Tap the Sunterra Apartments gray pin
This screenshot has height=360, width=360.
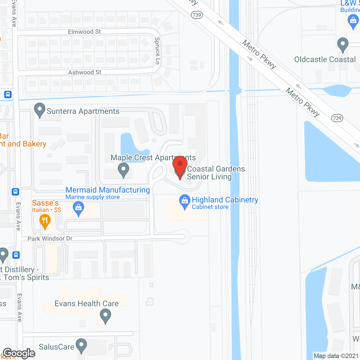[x=39, y=110]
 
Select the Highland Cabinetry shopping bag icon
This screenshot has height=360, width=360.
[x=184, y=201]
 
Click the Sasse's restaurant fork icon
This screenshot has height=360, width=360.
[x=45, y=221]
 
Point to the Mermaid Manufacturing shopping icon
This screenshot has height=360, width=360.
[x=78, y=208]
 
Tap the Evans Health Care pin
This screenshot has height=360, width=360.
[x=105, y=316]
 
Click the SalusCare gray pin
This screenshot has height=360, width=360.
[x=81, y=345]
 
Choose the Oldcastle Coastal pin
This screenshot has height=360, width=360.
[x=343, y=44]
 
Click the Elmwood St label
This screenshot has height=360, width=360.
[x=84, y=32]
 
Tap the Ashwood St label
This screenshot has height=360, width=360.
[x=85, y=72]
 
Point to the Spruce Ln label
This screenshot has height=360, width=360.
[x=157, y=51]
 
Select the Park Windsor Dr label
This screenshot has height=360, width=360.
[x=50, y=238]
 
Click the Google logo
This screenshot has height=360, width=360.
[x=19, y=353]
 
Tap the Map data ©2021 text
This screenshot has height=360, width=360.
[x=336, y=356]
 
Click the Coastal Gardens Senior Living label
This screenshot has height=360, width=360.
[x=216, y=173]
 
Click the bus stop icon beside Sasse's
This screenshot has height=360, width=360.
[x=15, y=192]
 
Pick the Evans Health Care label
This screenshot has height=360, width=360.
[x=87, y=303]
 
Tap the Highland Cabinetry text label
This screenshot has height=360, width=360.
[x=225, y=200]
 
